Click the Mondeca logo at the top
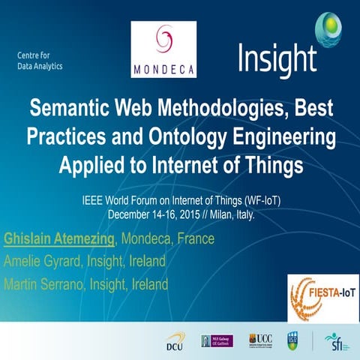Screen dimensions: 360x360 pos(163,49)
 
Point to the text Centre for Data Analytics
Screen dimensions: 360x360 pos(40,60)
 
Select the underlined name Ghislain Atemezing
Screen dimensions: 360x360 pos(60,238)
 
